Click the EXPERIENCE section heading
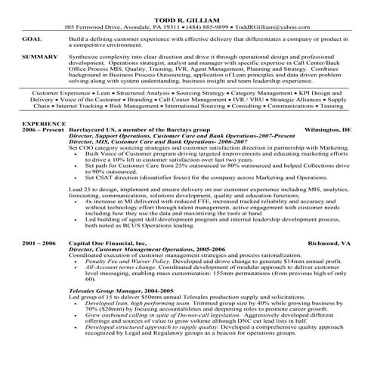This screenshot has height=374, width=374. coord(44,143)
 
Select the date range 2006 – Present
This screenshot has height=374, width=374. coord(45,150)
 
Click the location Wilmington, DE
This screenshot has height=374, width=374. coord(325,150)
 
